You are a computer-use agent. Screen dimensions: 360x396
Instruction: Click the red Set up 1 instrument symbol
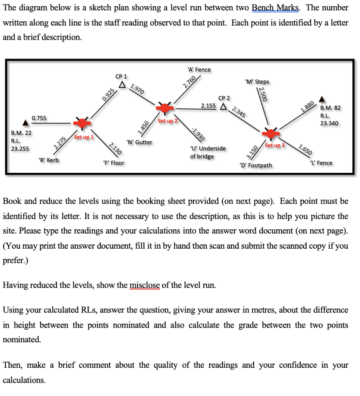coord(82,123)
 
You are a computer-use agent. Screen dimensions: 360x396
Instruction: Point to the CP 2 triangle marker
coord(223,106)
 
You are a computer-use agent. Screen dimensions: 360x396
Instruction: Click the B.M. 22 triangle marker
coord(26,123)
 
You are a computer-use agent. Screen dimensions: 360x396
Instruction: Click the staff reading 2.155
coord(208,105)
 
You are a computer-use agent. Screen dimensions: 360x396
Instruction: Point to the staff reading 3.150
coord(252,152)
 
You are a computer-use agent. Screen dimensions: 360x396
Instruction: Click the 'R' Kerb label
coord(49,160)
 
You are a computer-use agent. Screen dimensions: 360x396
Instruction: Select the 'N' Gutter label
coord(139,142)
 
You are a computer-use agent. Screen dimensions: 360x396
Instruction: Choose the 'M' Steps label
coord(257,82)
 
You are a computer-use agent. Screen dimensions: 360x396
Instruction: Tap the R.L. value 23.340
coord(329,123)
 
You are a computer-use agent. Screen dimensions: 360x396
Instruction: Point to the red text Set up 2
coord(167,121)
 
